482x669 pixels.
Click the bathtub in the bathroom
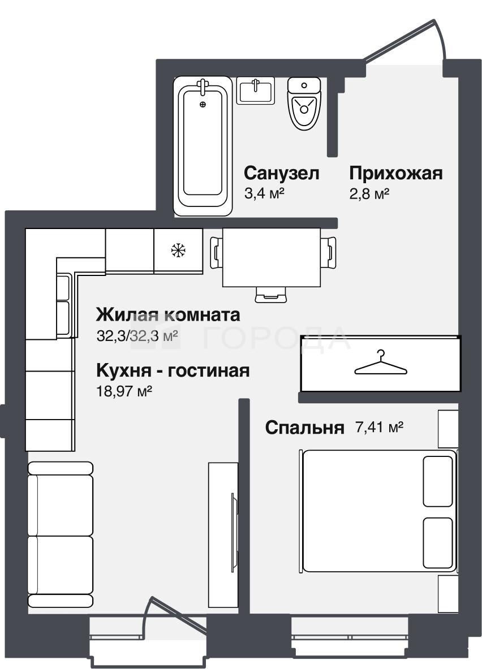pos(203,146)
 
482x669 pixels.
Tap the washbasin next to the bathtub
pos(255,90)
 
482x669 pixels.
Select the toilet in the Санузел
pos(304,103)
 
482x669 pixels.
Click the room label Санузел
pos(281,173)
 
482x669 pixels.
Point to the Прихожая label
pos(396,173)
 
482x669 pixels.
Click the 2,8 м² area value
pos(369,194)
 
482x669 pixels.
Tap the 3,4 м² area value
pos(264,193)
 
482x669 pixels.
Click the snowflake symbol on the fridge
pos(178,250)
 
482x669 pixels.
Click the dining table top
pos(272,258)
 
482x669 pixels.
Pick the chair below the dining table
pos(271,295)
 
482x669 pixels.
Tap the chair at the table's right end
pos(328,253)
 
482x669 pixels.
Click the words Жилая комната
pos(168,315)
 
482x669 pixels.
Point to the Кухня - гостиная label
pos(173,370)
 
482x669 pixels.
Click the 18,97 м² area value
pos(124,391)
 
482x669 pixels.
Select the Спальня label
pos(304,427)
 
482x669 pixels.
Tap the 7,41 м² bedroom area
pos(380,426)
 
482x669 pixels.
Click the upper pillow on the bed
pos(438,481)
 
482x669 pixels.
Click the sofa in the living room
pos(60,534)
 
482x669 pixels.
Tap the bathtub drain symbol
pos(203,104)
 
